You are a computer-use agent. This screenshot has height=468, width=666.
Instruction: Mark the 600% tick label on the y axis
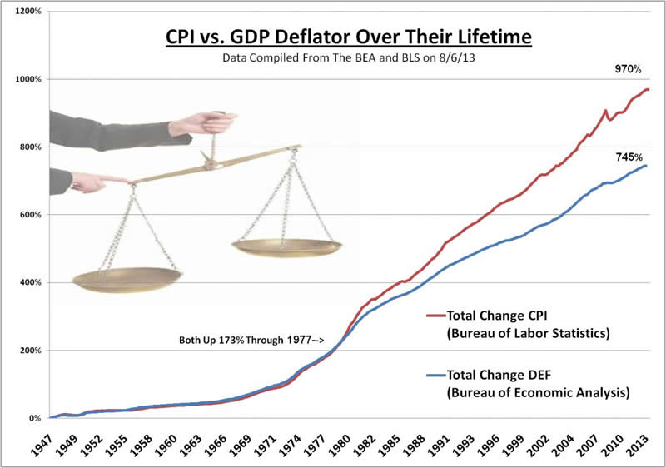pos(31,215)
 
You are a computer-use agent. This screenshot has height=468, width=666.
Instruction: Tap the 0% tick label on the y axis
pos(35,418)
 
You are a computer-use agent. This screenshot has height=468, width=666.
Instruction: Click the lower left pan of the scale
pos(127,280)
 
